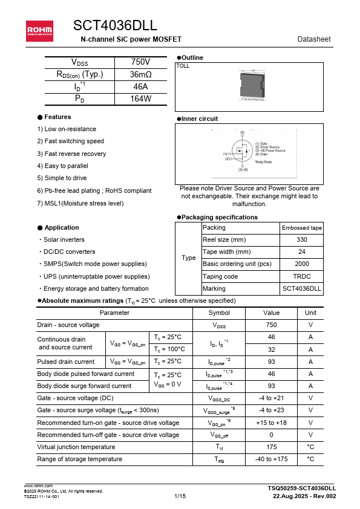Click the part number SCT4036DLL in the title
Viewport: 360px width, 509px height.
coord(115,25)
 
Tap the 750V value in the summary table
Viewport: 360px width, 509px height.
coord(140,62)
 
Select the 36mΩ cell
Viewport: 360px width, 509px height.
coord(140,74)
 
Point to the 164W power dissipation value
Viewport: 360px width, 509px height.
coord(140,99)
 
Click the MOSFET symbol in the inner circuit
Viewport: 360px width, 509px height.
coord(241,152)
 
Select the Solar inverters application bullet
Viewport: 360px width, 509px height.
coord(63,240)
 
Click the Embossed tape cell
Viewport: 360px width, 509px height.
coord(302,228)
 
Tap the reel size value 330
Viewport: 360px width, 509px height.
coord(302,240)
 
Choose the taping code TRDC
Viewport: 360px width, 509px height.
coord(302,276)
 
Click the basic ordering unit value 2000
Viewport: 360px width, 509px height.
coord(302,264)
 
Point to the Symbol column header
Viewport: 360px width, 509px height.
coord(219,313)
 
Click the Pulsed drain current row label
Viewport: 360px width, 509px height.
coord(66,362)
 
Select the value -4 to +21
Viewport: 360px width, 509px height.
coord(272,398)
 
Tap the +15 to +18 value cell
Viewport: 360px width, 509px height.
coord(272,423)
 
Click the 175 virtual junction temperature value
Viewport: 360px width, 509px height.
coord(272,447)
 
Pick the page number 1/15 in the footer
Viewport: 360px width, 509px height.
coord(180,496)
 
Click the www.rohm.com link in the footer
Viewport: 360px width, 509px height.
coord(38,485)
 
